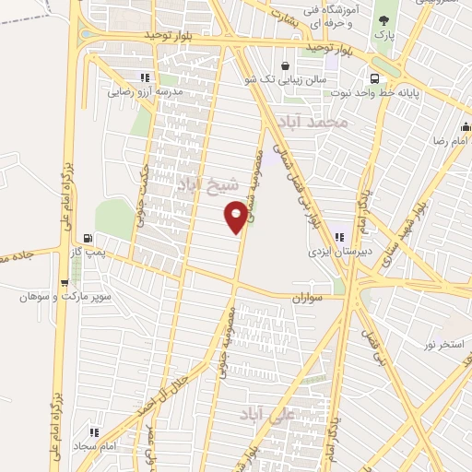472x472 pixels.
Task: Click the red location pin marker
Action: coord(236,218)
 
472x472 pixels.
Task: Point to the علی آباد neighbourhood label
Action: coord(268,414)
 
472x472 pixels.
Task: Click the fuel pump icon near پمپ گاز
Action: coord(87,237)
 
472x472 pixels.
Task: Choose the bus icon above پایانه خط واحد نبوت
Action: coord(374,78)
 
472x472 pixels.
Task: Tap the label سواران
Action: coord(311,300)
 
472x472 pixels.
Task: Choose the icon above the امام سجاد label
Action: coord(94,431)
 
